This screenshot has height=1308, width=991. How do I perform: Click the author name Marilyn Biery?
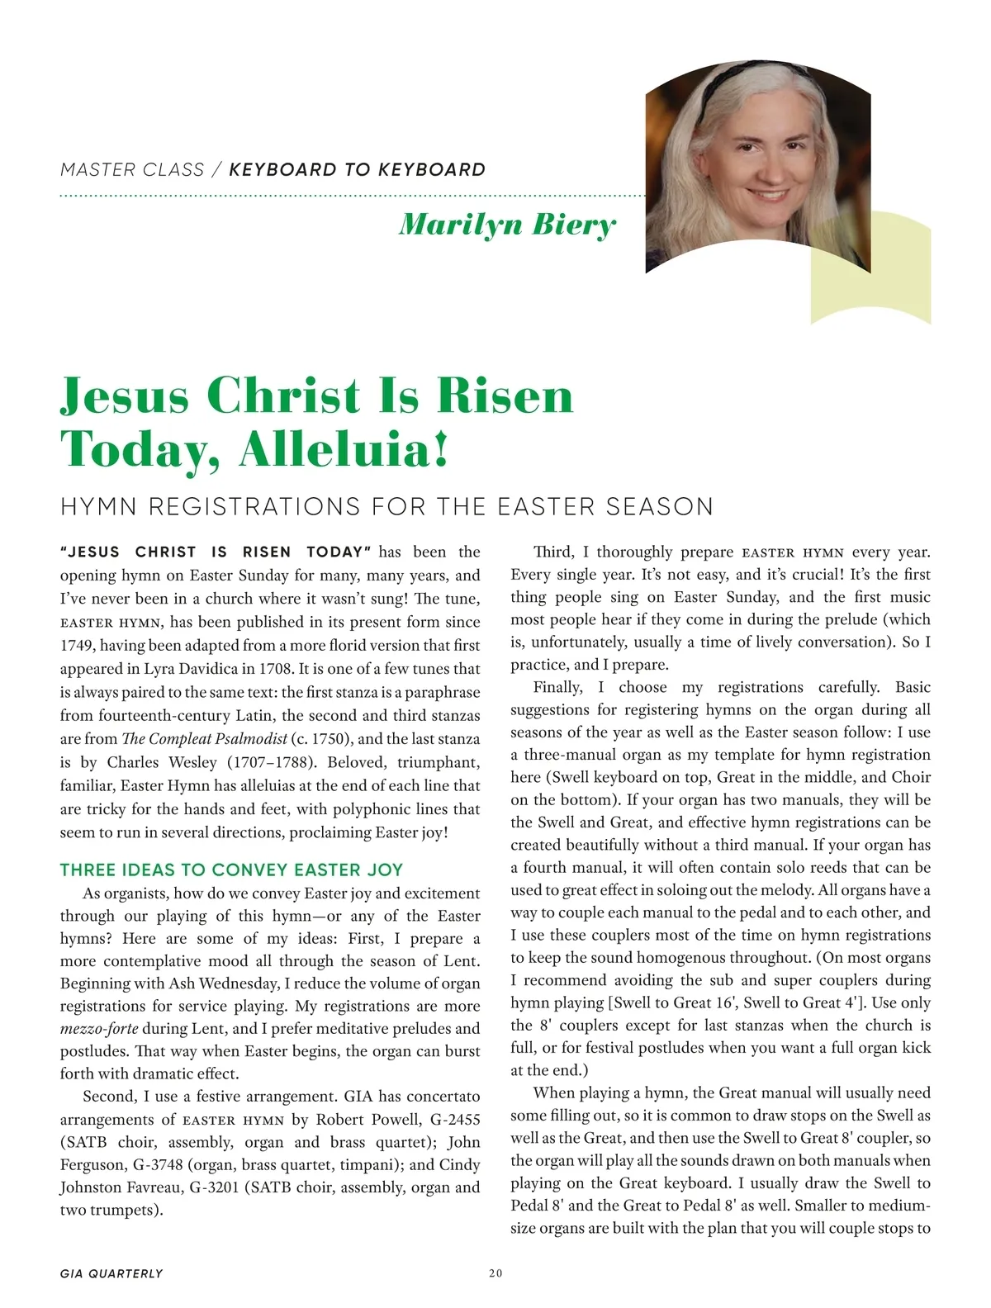point(507,225)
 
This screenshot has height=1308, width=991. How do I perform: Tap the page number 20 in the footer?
point(495,1273)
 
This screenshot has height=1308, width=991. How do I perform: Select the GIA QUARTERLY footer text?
point(111,1273)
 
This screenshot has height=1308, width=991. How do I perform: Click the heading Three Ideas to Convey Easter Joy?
point(231,870)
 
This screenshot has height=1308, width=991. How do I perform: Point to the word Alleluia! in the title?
point(344,450)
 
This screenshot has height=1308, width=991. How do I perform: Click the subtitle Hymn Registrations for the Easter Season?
point(386,506)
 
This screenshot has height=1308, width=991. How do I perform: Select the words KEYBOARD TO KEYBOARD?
point(357,170)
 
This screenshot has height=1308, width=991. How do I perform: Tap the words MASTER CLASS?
point(132,170)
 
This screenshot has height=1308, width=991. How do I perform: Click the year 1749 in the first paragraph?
point(76,645)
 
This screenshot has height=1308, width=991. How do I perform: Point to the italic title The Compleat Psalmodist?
point(204,738)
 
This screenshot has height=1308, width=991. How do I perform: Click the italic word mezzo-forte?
point(99,1029)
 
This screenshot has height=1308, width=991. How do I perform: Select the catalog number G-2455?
point(450,1120)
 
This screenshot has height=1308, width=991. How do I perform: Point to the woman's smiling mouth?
point(772,197)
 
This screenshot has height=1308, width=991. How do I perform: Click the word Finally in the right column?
point(557,687)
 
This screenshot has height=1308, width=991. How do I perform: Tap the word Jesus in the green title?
point(124,396)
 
